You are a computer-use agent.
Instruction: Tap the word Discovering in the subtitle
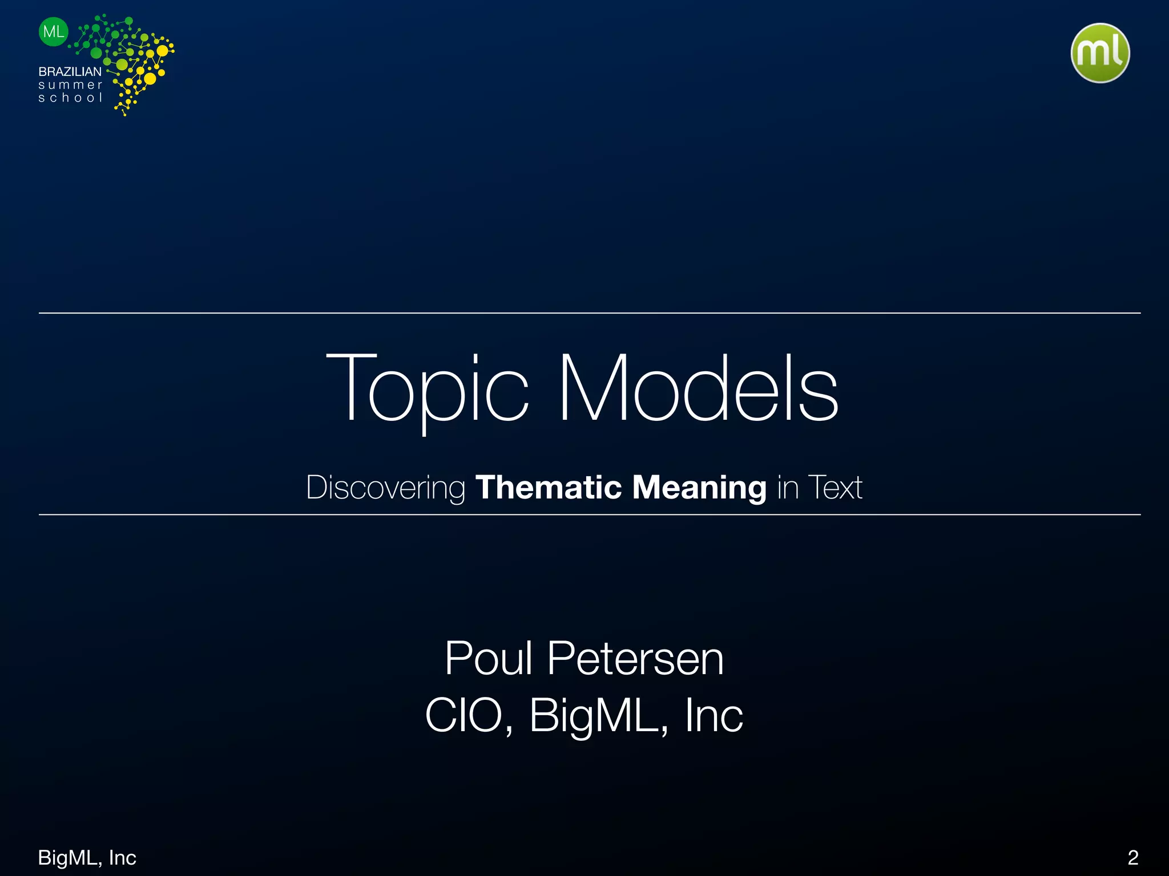point(386,488)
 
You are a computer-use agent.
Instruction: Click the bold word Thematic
point(548,488)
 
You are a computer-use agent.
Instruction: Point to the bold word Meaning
point(699,488)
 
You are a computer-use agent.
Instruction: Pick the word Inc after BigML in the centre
point(714,716)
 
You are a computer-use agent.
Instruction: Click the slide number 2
point(1133,857)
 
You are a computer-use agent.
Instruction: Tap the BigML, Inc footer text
point(87,857)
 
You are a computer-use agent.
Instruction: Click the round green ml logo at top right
point(1100,53)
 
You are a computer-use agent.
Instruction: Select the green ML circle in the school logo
point(54,32)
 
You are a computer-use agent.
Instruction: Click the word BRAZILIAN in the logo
point(70,72)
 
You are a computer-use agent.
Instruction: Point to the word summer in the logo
point(70,85)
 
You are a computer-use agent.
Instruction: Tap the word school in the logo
point(70,98)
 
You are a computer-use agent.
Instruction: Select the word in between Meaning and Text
point(788,488)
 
